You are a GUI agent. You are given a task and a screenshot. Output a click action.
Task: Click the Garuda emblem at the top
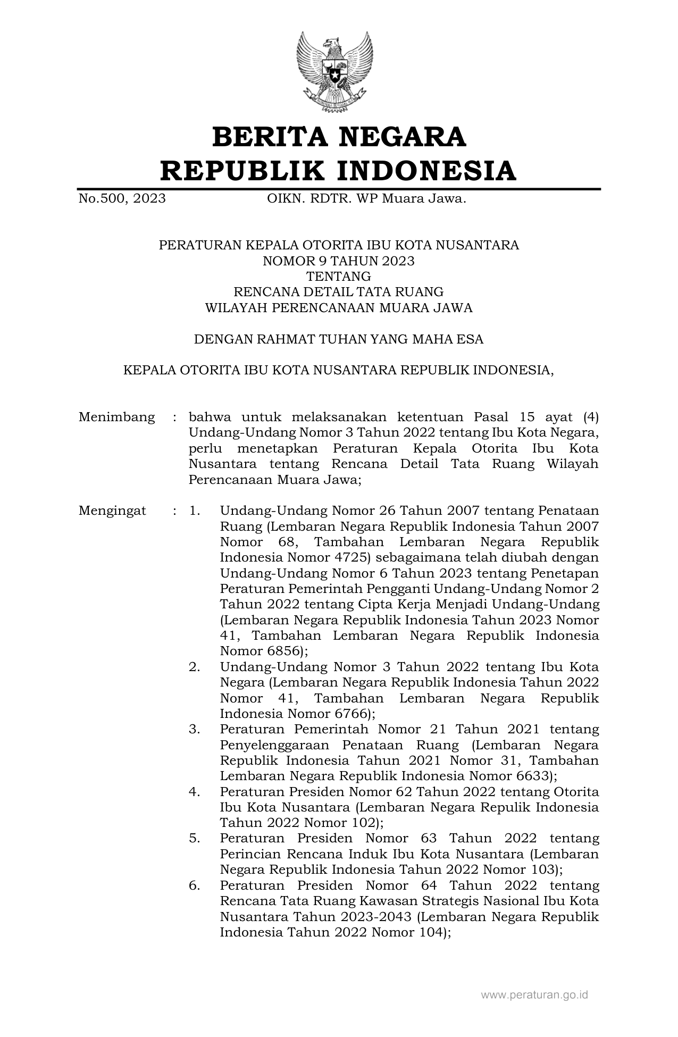tap(334, 72)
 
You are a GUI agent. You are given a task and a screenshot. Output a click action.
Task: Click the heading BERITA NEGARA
tap(339, 137)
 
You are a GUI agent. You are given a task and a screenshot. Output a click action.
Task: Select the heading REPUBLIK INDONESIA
tap(339, 171)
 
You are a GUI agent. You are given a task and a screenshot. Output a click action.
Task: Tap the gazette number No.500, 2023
tap(122, 199)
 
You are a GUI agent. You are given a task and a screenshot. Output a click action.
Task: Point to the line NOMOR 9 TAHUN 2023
tap(339, 261)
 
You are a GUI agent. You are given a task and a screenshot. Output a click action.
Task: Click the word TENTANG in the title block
tap(339, 277)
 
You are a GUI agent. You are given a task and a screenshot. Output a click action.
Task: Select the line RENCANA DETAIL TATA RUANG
tap(339, 292)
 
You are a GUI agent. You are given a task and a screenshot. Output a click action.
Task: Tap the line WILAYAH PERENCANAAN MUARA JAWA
tap(339, 308)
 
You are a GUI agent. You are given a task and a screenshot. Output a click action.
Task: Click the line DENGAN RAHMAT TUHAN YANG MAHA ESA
tap(339, 339)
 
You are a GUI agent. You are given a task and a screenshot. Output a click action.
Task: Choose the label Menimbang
tap(117, 417)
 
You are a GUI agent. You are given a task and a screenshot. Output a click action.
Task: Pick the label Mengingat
tap(112, 511)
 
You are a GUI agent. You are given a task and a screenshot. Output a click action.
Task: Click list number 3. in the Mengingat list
tap(194, 729)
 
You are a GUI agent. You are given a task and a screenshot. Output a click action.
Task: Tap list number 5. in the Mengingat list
tap(194, 839)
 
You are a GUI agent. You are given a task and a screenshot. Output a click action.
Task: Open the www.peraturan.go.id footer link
tap(534, 994)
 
